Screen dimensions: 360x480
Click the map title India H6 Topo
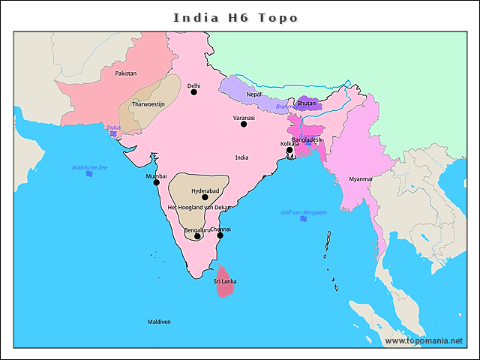[236, 17]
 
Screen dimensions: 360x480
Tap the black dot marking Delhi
[193, 92]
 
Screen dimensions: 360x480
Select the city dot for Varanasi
[244, 124]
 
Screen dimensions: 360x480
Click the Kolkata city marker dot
[289, 150]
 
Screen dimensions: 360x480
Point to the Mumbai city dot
[157, 182]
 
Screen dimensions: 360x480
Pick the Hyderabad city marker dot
[205, 197]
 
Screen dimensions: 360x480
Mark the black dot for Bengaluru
[197, 236]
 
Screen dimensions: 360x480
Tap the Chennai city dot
[220, 235]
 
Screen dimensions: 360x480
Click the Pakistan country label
[126, 73]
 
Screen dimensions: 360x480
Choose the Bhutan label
[306, 103]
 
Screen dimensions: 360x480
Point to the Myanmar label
[361, 179]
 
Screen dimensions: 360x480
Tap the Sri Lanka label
[225, 281]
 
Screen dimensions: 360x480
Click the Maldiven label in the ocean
[159, 322]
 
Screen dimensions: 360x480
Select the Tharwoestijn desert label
[148, 104]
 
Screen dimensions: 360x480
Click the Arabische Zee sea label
[89, 167]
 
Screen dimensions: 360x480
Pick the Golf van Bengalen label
[303, 212]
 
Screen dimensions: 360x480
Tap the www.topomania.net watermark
[424, 340]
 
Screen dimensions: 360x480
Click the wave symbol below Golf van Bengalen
[303, 219]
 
